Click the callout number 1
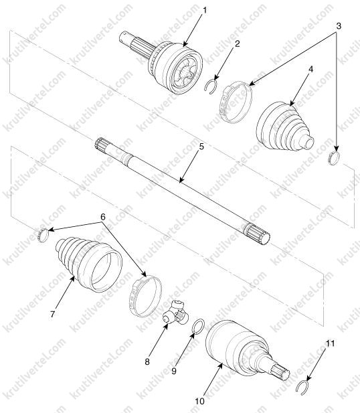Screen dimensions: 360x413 pos(205,11)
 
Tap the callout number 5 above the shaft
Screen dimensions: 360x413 pos(201,147)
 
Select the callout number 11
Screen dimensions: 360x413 pos(331,343)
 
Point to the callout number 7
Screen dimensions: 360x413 pos(53,314)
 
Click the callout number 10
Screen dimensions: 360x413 pos(200,401)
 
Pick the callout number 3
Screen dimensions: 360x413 pos(339,26)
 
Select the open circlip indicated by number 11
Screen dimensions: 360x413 pos(302,387)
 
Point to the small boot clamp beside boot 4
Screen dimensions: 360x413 pos(334,159)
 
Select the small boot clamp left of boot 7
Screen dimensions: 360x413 pos(43,235)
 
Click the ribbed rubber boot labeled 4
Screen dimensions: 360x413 pos(284,127)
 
